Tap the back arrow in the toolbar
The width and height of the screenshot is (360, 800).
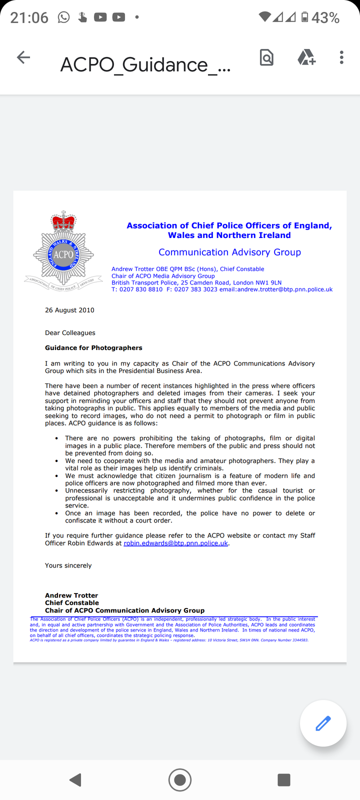pos(23,57)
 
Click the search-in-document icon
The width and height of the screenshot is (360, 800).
pos(266,58)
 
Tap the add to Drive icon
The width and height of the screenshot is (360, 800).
pos(306,58)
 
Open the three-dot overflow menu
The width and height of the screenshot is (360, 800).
pos(341,57)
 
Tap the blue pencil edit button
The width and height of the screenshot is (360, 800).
pos(323,723)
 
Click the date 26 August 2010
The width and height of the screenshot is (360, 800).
pos(69,310)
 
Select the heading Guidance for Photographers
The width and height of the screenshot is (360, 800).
pos(93,348)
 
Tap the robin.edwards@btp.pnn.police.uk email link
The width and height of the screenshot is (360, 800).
pos(175,543)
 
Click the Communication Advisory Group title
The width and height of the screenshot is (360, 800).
pos(229,252)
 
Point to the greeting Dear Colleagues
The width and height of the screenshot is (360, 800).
pos(70,333)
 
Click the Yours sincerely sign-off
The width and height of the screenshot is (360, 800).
pos(68,565)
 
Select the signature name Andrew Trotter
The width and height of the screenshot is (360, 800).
pos(71,595)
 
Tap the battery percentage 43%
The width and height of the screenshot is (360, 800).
pos(325,18)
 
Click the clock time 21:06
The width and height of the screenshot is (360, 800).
pos(29,18)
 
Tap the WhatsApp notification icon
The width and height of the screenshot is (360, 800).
pos(63,17)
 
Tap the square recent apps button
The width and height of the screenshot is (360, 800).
pos(283,779)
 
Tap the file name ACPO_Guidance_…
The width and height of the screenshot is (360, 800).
pos(145,65)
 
